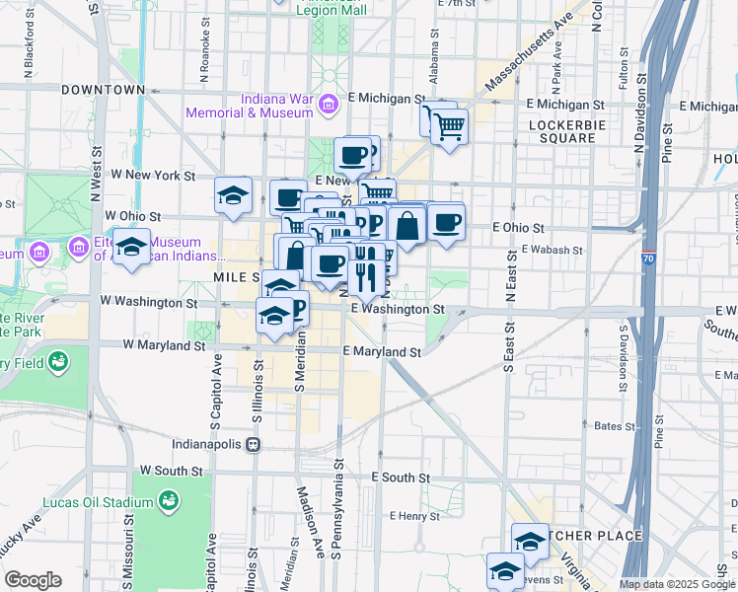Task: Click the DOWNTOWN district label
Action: [104, 90]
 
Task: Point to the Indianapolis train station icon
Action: [254, 444]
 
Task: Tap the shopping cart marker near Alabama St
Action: [448, 125]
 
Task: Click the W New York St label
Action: [152, 175]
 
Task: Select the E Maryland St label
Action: [382, 351]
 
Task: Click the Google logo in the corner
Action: [33, 580]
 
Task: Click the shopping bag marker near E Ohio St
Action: [406, 226]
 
